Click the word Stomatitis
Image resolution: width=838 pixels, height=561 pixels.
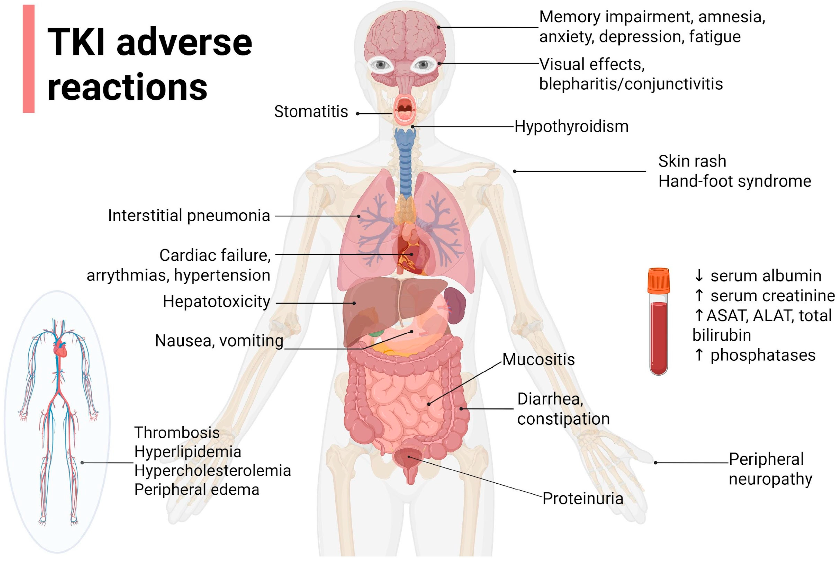[x=311, y=112]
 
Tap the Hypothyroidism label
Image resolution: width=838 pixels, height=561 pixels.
[x=571, y=127]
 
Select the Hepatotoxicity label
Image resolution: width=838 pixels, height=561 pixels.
[x=216, y=302]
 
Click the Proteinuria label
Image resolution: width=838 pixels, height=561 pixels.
[x=582, y=498]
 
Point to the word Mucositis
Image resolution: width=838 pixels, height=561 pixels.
[x=538, y=359]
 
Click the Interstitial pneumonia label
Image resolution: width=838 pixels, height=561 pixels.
[x=189, y=216]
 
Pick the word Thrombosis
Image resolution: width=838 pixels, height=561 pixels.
[x=177, y=433]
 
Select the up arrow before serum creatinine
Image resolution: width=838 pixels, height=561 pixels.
[x=698, y=295]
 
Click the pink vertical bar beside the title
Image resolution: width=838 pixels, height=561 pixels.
[x=29, y=59]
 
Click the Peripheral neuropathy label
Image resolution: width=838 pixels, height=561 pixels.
[x=770, y=469]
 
